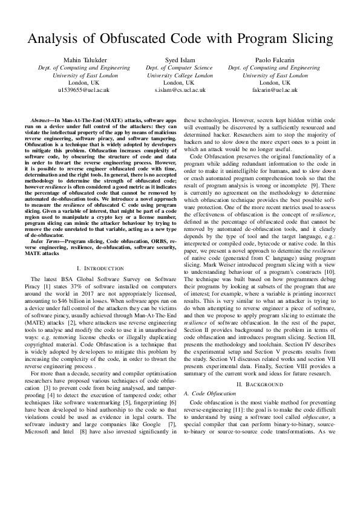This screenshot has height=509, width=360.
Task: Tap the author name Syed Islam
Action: pos(180,61)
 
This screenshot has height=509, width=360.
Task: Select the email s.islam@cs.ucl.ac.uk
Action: pos(180,89)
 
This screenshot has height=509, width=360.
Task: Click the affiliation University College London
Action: pos(180,76)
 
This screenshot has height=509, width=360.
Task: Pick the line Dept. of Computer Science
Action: pos(180,68)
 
